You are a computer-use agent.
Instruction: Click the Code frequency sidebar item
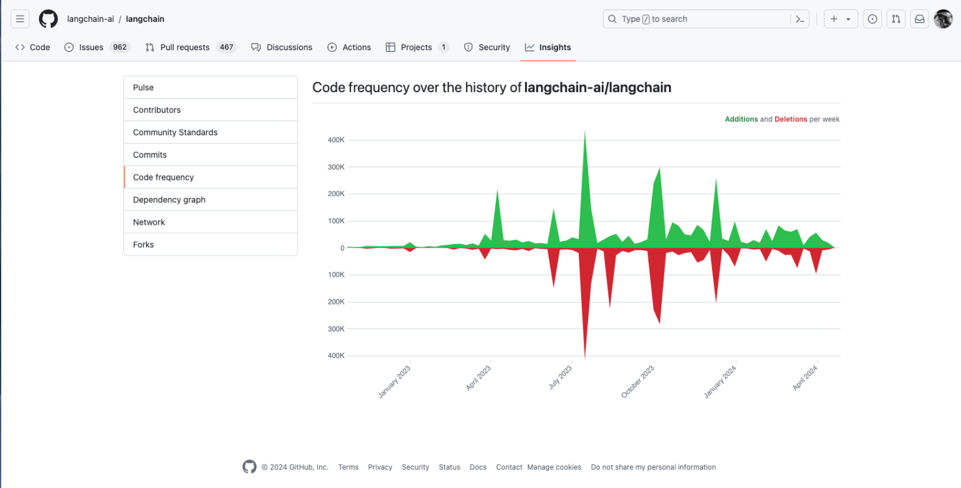(x=163, y=177)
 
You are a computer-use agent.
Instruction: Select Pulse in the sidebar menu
(x=143, y=88)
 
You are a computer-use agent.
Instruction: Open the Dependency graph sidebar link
(x=169, y=200)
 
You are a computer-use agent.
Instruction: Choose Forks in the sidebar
(x=143, y=245)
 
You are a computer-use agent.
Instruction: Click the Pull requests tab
(x=185, y=48)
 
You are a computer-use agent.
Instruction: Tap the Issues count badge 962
(x=119, y=48)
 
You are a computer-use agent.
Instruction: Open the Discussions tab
(x=288, y=48)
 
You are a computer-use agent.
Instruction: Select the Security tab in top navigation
(x=494, y=48)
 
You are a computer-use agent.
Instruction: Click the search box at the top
(x=698, y=19)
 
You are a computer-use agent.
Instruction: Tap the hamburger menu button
(x=20, y=19)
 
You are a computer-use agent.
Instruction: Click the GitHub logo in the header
(x=48, y=19)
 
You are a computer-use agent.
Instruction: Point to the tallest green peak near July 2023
(x=584, y=133)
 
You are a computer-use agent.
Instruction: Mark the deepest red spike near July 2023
(x=584, y=357)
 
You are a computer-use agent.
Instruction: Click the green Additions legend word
(x=741, y=119)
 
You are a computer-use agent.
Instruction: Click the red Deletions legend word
(x=790, y=119)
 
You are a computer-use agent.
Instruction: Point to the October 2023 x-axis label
(x=638, y=382)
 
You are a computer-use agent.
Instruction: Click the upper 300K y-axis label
(x=336, y=167)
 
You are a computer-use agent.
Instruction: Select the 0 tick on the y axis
(x=342, y=248)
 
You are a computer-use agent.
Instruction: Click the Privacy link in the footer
(x=380, y=467)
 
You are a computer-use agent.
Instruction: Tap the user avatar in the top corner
(x=943, y=19)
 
